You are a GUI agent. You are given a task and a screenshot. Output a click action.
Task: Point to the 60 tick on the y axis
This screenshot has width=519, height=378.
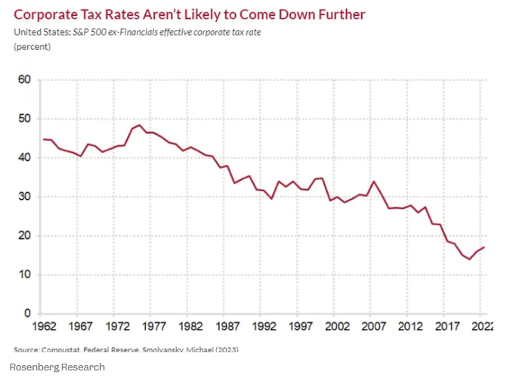point(24,80)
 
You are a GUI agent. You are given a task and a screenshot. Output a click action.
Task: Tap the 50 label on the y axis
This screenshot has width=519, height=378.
point(24,119)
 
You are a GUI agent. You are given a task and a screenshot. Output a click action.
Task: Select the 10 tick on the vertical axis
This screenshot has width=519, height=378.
point(24,274)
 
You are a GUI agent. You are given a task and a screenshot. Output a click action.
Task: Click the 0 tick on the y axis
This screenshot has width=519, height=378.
point(27,314)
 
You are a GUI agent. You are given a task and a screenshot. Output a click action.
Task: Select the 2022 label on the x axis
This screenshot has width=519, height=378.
point(480,327)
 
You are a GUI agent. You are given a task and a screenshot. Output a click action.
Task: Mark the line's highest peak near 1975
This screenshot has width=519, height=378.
point(140,125)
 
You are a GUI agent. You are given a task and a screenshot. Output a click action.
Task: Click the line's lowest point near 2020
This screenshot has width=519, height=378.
point(469,259)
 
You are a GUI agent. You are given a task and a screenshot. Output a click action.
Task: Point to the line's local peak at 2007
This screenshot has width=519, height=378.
point(373,181)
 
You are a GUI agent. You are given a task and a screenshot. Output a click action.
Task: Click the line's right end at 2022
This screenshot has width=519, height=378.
point(484,247)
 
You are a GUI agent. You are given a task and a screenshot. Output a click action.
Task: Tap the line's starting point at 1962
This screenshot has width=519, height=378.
point(44,139)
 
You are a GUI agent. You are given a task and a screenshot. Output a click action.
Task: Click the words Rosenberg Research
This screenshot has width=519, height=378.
point(57,367)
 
